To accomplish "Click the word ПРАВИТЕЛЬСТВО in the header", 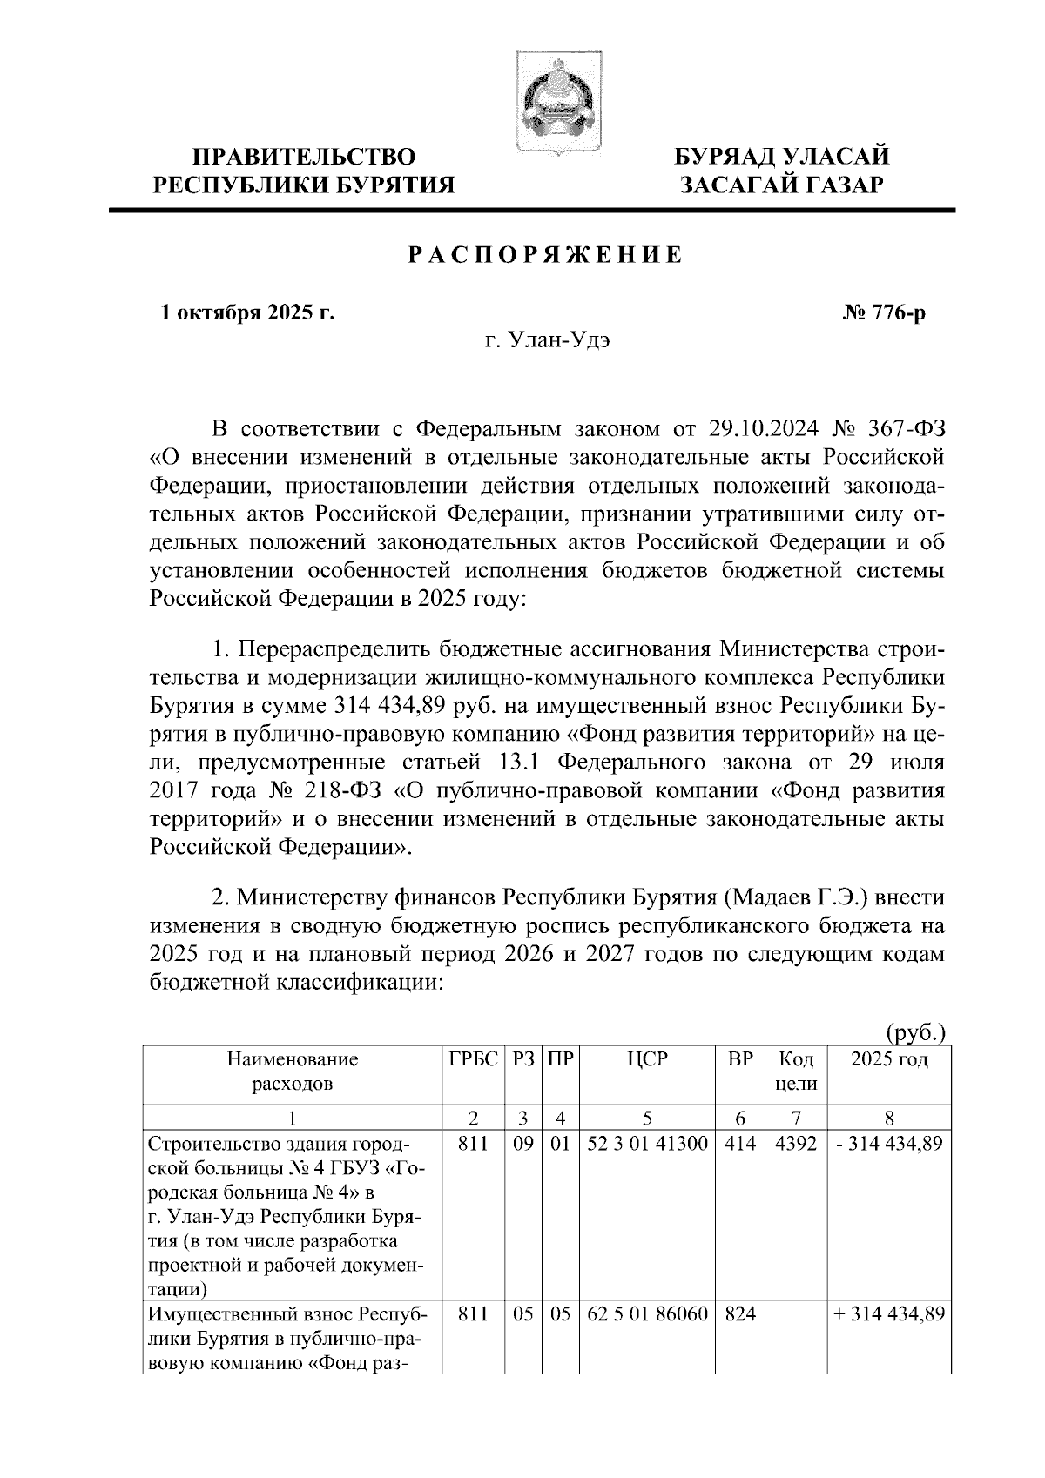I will tap(304, 158).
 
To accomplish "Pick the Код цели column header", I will tap(795, 1072).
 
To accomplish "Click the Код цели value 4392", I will tap(795, 1144).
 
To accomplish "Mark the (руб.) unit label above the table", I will tap(914, 1032).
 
